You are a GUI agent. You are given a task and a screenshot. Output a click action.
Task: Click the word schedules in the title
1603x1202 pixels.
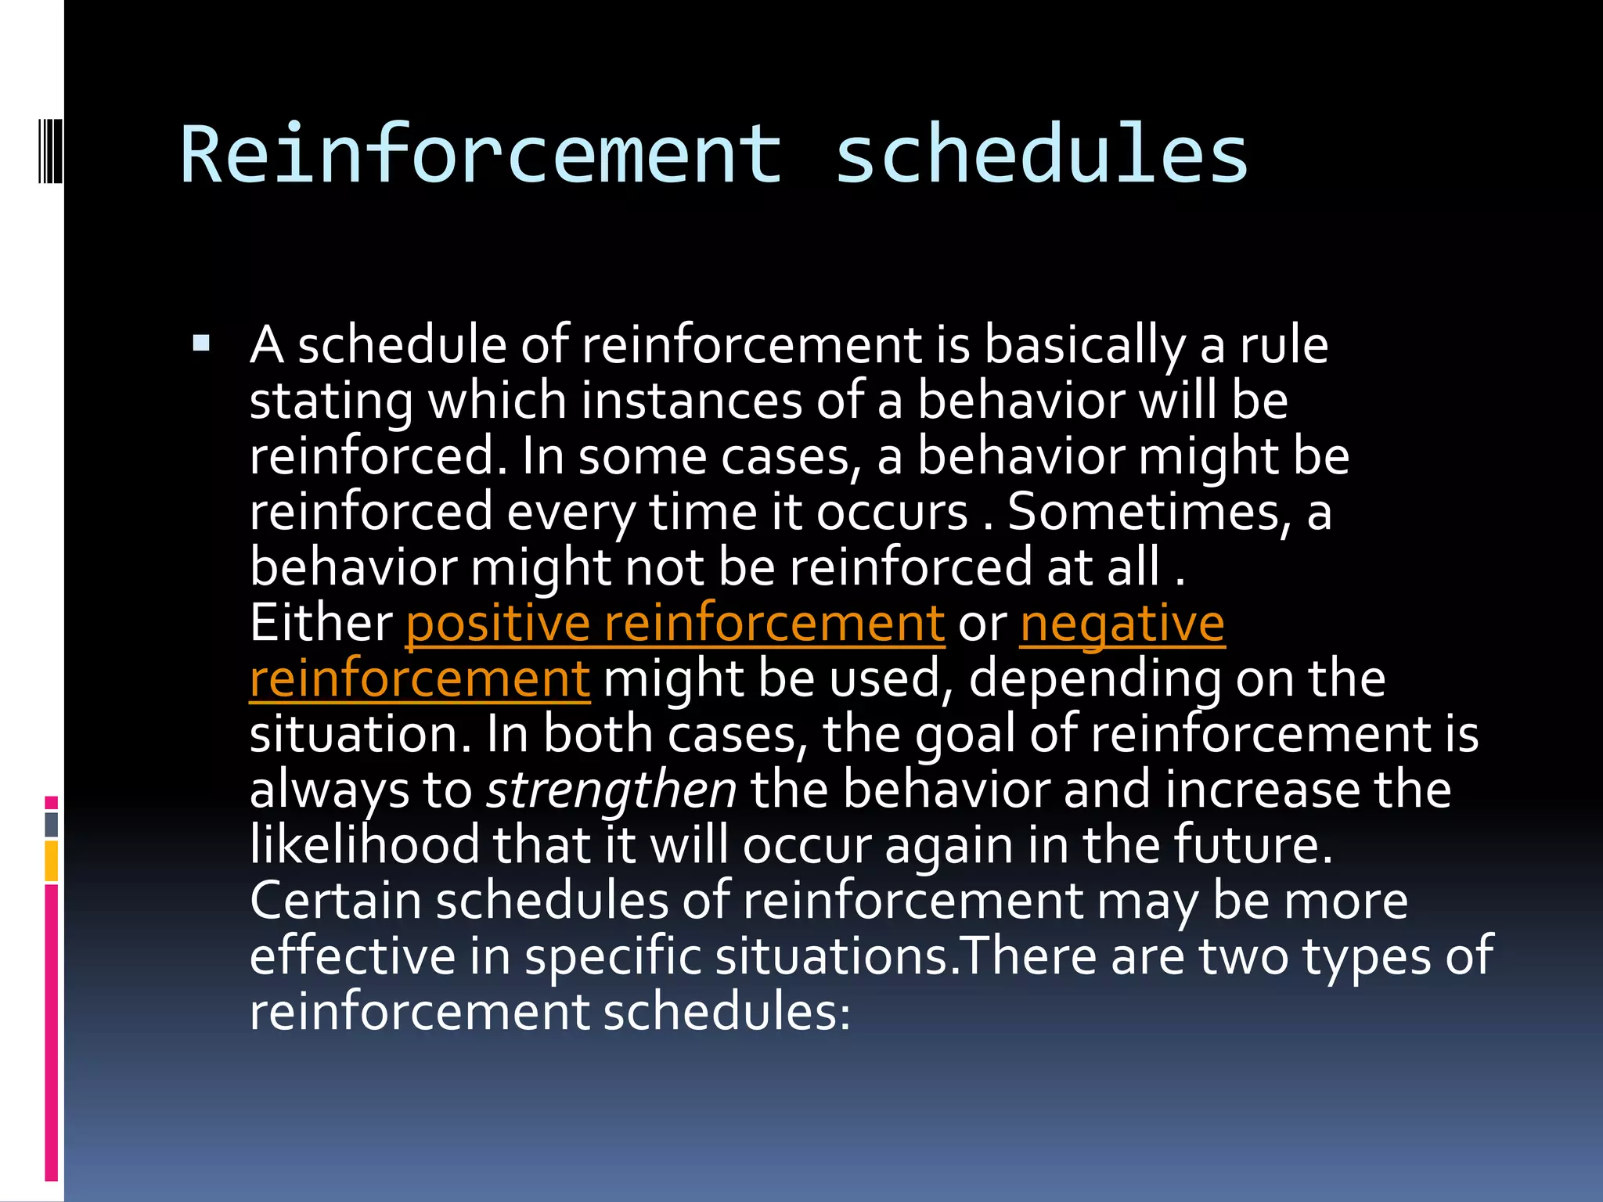[x=1041, y=155]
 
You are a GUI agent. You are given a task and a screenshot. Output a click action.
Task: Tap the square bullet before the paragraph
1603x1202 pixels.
[x=201, y=343]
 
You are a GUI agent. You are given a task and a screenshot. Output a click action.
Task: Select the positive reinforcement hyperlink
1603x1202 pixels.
[x=675, y=624]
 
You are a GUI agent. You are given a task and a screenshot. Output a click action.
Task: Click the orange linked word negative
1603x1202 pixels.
[x=1122, y=624]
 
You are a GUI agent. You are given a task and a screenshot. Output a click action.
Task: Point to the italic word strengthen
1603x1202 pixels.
[x=611, y=790]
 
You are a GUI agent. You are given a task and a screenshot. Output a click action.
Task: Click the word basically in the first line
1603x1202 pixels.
[x=1084, y=345]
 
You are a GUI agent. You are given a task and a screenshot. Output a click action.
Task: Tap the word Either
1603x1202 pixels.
[x=321, y=624]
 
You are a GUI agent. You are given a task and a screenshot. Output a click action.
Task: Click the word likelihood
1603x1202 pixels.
[x=364, y=846]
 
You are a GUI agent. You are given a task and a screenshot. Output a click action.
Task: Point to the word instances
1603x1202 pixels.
[x=691, y=401]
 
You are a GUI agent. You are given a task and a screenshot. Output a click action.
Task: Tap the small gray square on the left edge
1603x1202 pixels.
[x=52, y=824]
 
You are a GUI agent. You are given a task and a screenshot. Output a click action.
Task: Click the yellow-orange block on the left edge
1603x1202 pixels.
[x=52, y=861]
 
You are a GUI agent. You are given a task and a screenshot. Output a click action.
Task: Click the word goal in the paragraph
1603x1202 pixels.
[x=964, y=735]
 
